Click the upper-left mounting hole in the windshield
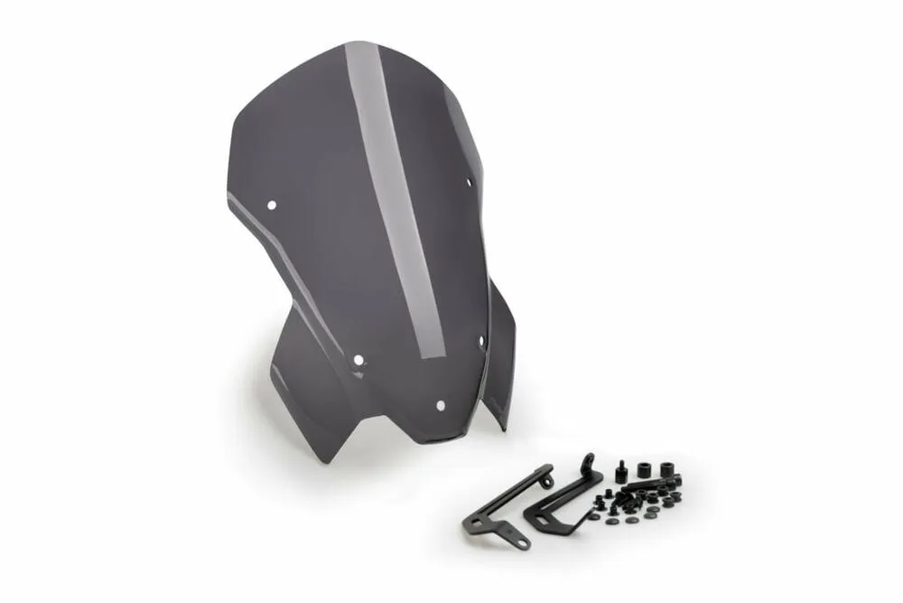pyautogui.click(x=272, y=204)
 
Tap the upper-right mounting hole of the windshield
pyautogui.click(x=470, y=183)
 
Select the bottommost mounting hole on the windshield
pyautogui.click(x=440, y=405)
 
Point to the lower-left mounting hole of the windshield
pyautogui.click(x=358, y=360)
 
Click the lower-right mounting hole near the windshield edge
pyautogui.click(x=481, y=341)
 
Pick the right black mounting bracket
pyautogui.click(x=560, y=502)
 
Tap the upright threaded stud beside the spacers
pyautogui.click(x=622, y=472)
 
